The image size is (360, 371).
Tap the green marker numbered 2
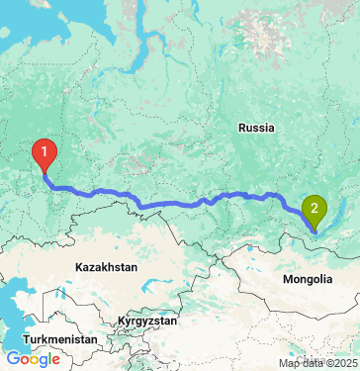(x=315, y=209)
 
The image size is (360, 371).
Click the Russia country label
(x=256, y=128)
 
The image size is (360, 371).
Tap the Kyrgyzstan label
(x=147, y=322)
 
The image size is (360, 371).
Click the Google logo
(x=33, y=359)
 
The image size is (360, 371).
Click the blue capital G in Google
(x=12, y=359)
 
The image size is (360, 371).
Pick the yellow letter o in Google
(x=35, y=360)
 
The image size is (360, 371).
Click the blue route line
(x=178, y=204)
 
